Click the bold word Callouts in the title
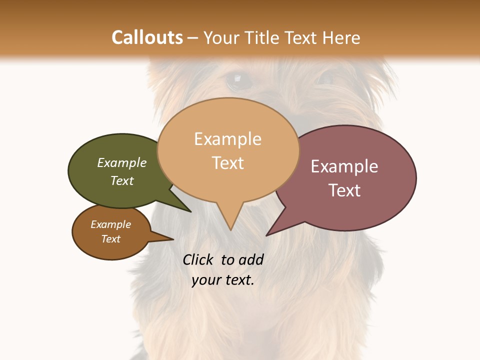tap(147, 37)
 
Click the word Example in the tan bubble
tap(227, 139)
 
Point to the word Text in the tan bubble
tap(228, 163)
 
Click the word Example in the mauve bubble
tap(344, 166)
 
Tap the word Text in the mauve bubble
tap(344, 190)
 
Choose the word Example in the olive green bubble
tap(122, 163)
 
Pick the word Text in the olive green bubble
tap(122, 180)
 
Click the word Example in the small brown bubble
tap(111, 224)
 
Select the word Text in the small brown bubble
tap(111, 239)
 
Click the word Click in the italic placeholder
tap(198, 260)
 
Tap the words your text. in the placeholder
tap(223, 280)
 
